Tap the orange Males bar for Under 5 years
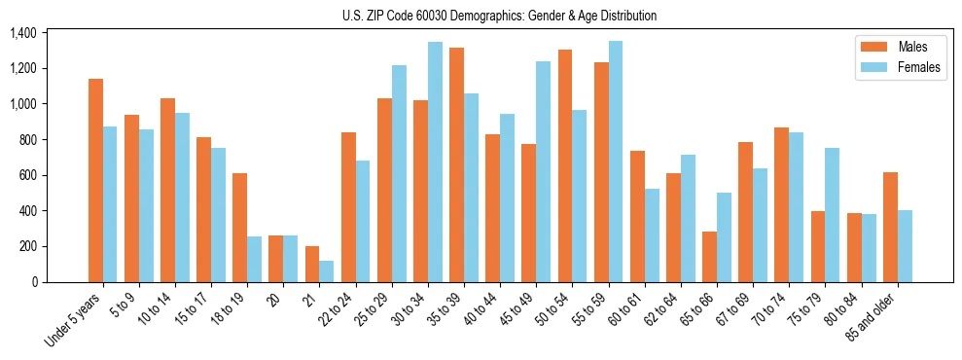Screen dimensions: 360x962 point(95,180)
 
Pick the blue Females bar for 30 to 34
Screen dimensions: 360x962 point(435,162)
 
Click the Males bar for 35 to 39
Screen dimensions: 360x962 point(456,164)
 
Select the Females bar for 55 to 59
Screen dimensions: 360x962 point(616,162)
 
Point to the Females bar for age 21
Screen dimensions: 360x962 point(327,271)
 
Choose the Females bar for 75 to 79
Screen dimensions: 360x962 point(832,215)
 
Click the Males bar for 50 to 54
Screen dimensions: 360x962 point(565,165)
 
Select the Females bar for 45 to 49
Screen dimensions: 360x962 point(543,171)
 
